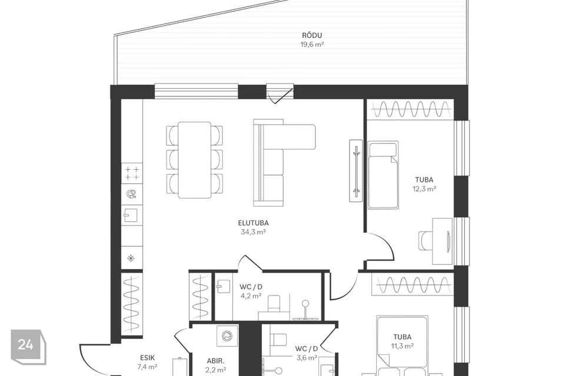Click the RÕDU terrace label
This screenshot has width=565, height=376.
click(x=312, y=35)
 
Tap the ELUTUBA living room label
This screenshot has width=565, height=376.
click(x=253, y=223)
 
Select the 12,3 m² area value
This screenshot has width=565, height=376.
click(x=424, y=189)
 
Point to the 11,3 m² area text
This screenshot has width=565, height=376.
click(x=403, y=346)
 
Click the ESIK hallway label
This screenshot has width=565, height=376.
click(x=147, y=358)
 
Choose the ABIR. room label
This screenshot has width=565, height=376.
click(x=215, y=361)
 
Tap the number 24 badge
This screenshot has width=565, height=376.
click(x=26, y=345)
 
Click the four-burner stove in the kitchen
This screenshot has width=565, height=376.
click(x=132, y=173)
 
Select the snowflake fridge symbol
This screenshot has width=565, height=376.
click(x=131, y=258)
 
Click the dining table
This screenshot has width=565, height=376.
click(x=195, y=160)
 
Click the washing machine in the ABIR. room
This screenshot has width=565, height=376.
click(x=227, y=337)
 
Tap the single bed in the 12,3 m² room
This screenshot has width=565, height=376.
click(x=383, y=175)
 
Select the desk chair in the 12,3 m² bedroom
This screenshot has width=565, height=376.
click(x=426, y=240)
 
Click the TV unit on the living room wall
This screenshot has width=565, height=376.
click(x=356, y=170)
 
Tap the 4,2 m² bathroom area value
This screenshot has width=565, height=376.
click(x=251, y=296)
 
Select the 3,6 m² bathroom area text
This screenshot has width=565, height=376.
click(x=307, y=358)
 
